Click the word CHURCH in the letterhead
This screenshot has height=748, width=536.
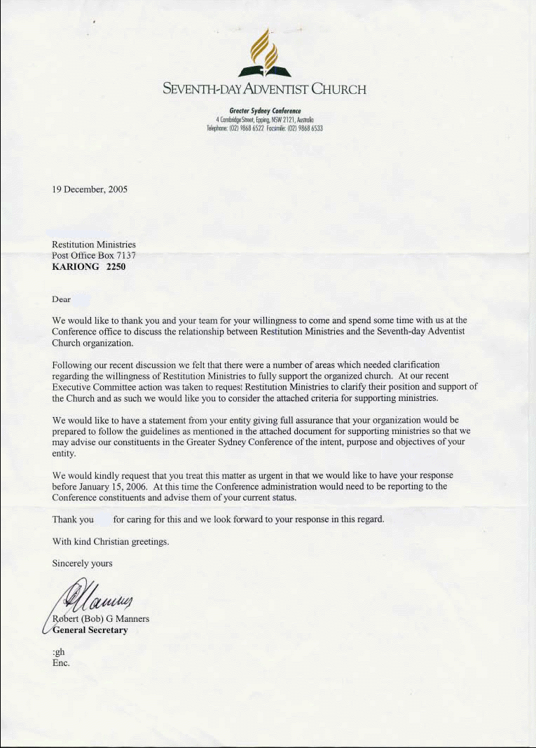point(339,89)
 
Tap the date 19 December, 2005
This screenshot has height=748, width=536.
point(90,189)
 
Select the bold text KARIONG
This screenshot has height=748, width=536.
point(76,266)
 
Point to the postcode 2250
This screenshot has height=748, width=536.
point(116,266)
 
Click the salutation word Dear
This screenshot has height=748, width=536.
point(62,299)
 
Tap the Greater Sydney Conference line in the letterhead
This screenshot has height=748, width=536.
point(265,111)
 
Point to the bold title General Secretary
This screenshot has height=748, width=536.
point(90,630)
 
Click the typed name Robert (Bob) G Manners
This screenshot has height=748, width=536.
point(101,619)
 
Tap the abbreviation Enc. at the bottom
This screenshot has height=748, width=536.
point(62,662)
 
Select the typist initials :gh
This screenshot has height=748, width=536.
point(59,652)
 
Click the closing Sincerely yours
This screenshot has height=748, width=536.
point(82,563)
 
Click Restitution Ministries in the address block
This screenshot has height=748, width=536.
point(94,245)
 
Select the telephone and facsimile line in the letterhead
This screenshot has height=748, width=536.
point(265,128)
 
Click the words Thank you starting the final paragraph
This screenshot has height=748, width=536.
point(73,519)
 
